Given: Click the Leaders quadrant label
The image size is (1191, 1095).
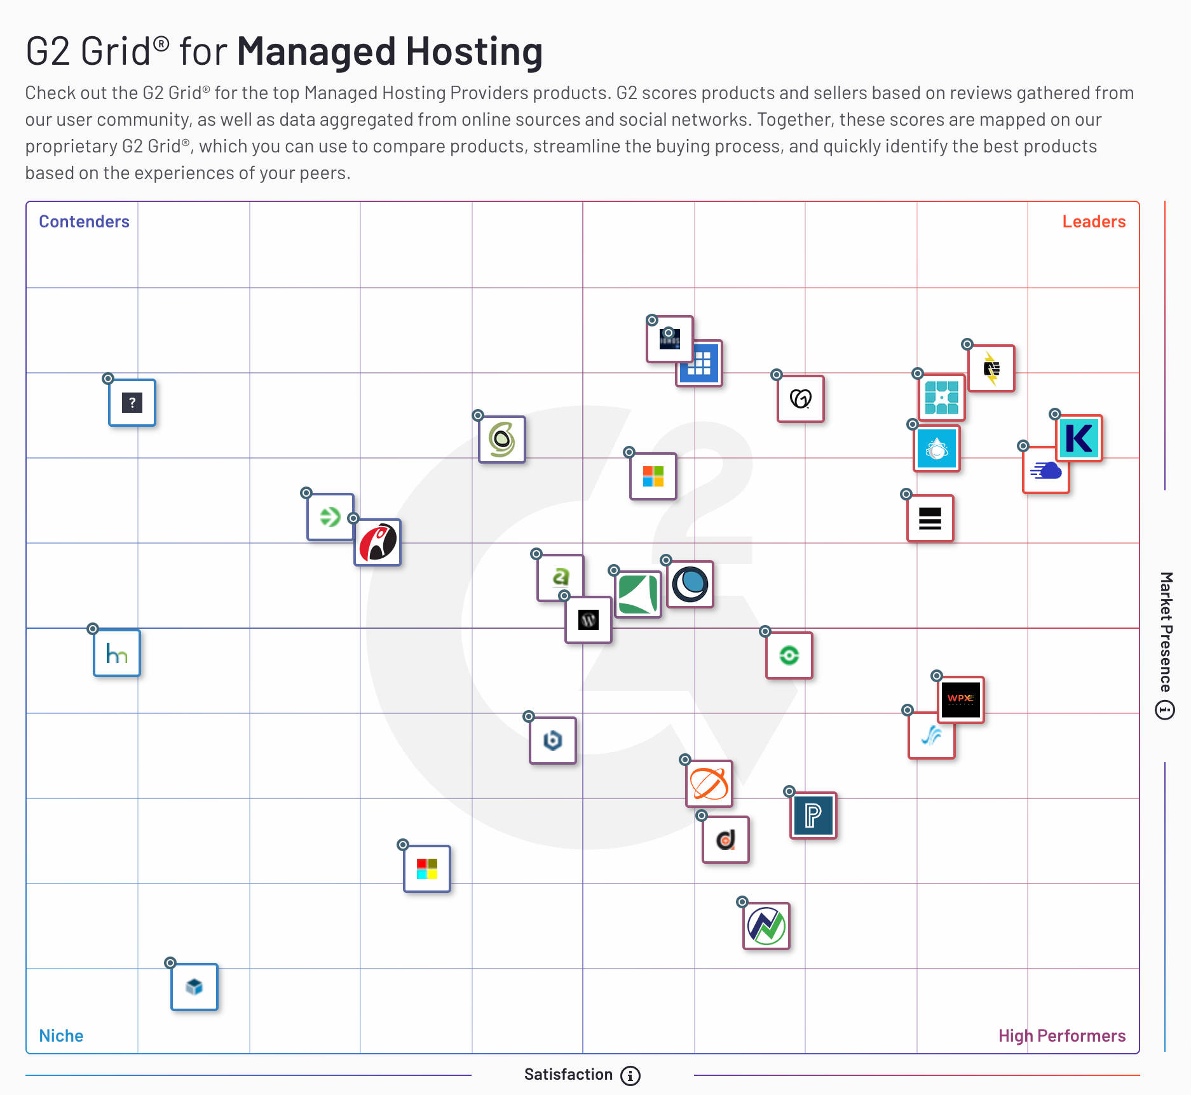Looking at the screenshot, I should click(1093, 222).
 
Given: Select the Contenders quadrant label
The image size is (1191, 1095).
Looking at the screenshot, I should click(84, 222).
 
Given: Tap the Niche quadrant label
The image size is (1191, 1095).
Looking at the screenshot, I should click(61, 1036).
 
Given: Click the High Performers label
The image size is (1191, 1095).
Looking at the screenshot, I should click(1061, 1036).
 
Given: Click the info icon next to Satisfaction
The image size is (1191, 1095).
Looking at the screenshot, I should click(630, 1075).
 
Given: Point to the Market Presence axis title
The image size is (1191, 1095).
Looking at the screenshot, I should click(1166, 631).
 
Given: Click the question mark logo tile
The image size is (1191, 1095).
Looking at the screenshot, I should click(132, 403).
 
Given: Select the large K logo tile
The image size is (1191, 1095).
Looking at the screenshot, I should click(1079, 438).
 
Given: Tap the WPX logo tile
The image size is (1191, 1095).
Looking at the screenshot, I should click(960, 699).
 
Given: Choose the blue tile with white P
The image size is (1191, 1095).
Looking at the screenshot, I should click(813, 816).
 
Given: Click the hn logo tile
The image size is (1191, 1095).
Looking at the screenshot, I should click(117, 653).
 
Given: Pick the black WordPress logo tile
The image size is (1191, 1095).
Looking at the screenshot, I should click(589, 620).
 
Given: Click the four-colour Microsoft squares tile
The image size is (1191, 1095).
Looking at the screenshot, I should click(653, 476).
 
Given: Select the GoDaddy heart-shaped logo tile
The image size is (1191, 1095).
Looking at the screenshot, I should click(801, 399).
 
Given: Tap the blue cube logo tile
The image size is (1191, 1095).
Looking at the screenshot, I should click(194, 987).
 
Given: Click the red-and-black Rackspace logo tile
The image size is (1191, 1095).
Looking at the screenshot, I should click(378, 542).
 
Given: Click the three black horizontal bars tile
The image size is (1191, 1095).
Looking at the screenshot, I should click(930, 518).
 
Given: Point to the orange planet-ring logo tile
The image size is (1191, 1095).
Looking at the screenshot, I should click(709, 784).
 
